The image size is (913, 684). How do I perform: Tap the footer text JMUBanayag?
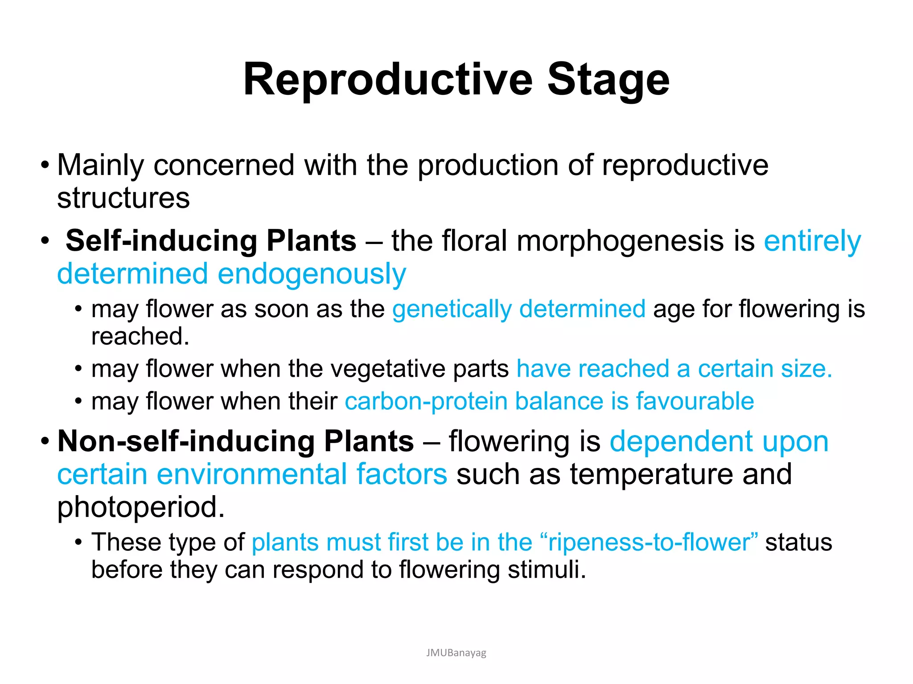tap(456, 653)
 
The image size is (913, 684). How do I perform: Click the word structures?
tap(123, 198)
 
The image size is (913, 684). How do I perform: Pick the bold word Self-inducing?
tap(161, 241)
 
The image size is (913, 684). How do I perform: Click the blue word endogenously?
tap(312, 274)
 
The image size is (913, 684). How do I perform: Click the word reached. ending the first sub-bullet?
tap(140, 336)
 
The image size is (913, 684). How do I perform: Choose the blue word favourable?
tap(695, 402)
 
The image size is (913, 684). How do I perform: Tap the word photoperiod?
tap(140, 508)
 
